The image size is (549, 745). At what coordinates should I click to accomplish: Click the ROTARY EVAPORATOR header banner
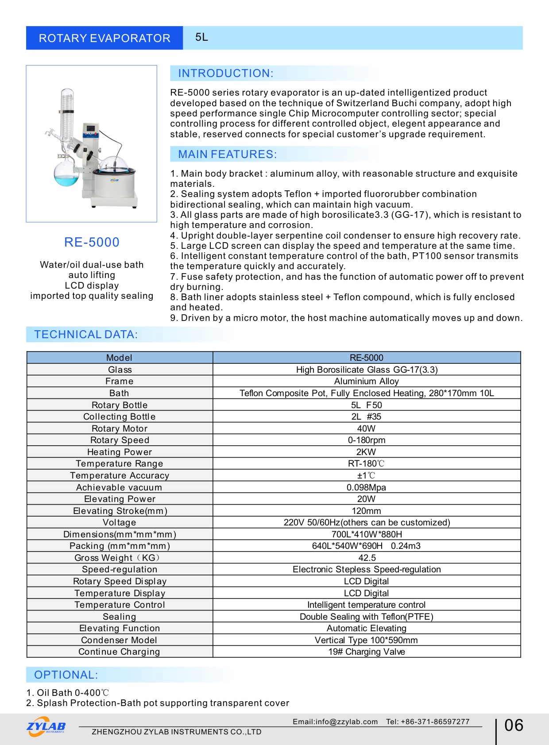[104, 38]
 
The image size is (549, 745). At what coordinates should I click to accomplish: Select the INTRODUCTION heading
[225, 73]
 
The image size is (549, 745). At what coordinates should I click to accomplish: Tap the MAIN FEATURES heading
[227, 154]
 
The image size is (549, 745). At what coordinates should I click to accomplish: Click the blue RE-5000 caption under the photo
[92, 242]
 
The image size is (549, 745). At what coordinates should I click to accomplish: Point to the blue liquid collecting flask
[66, 175]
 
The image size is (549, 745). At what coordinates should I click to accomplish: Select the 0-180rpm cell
[366, 440]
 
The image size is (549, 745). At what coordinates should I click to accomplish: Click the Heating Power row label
[120, 452]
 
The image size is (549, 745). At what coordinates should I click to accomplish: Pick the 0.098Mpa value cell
[366, 487]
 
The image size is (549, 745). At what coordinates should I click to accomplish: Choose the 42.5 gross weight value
[367, 558]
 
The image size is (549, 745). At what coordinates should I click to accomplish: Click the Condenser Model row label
[119, 640]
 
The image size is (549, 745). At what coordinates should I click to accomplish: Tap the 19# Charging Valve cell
[366, 652]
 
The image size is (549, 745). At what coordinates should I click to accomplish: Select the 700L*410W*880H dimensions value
[366, 534]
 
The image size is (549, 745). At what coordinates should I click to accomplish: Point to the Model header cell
[119, 358]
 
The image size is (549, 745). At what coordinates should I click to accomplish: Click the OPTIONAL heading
[66, 675]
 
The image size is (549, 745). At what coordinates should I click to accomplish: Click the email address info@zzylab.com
[346, 722]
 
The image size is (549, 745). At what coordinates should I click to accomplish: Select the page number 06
[514, 726]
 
